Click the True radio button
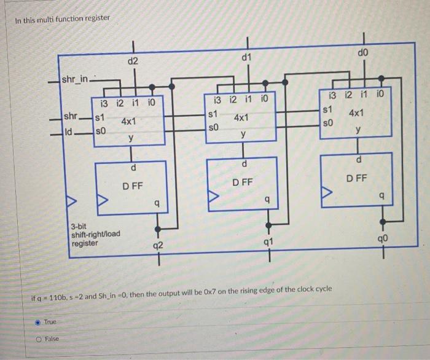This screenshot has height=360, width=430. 37,322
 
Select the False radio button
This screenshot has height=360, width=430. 37,338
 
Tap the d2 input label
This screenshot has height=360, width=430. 133,61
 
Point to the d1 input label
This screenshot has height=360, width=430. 246,57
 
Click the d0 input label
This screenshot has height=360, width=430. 363,55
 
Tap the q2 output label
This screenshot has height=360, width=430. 158,246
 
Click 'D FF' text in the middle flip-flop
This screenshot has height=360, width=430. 243,182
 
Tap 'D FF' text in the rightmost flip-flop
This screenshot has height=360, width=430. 356,179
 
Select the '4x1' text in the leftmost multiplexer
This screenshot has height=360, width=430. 129,122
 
